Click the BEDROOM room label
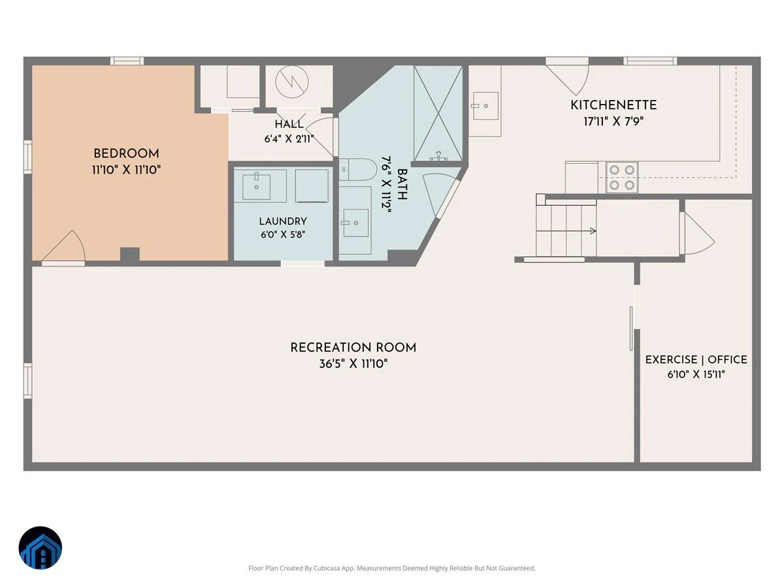point(127,154)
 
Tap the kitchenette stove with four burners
point(622,178)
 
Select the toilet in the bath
point(357,170)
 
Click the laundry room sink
point(257,186)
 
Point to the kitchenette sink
point(485,106)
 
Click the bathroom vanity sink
point(355,223)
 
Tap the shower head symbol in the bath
point(438,156)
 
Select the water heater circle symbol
point(292,82)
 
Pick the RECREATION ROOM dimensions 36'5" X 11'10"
point(353,364)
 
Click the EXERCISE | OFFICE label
point(696,359)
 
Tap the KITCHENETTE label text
point(613,105)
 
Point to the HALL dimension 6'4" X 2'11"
point(289,139)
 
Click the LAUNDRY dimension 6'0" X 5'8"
point(283,235)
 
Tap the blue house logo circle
point(41,547)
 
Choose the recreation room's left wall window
point(28,381)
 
